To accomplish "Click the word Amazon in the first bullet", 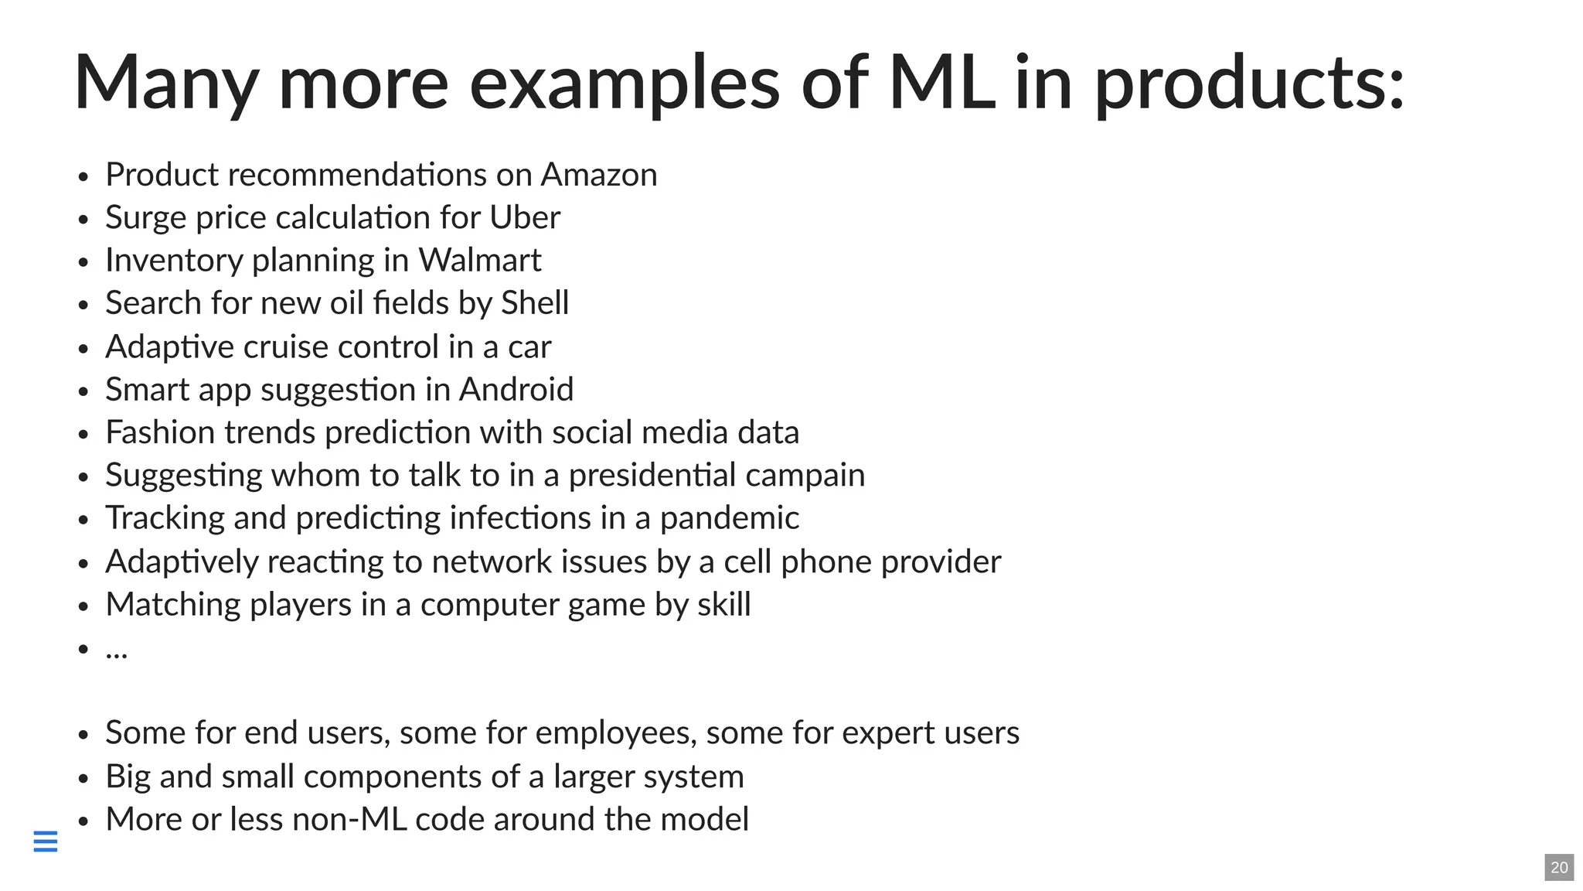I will (599, 175).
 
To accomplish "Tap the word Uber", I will (525, 217).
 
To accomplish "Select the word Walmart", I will (479, 261).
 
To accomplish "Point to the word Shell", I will (535, 303).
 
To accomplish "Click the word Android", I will (516, 390).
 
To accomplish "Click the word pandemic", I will (729, 518).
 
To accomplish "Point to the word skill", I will (723, 605).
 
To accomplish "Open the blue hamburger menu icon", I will (46, 841).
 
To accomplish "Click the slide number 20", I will (1559, 867).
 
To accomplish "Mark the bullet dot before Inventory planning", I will (83, 262).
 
